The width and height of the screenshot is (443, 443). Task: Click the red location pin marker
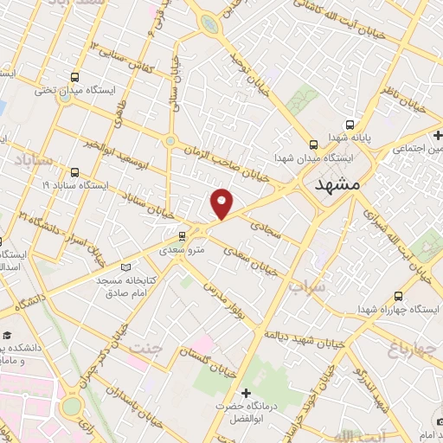click(x=222, y=203)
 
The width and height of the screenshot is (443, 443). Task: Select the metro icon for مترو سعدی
click(x=182, y=235)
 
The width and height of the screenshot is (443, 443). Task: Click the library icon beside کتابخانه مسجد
click(x=128, y=267)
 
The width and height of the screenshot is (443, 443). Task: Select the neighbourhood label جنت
click(x=144, y=348)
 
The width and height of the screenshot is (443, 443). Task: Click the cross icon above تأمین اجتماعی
click(x=439, y=135)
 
